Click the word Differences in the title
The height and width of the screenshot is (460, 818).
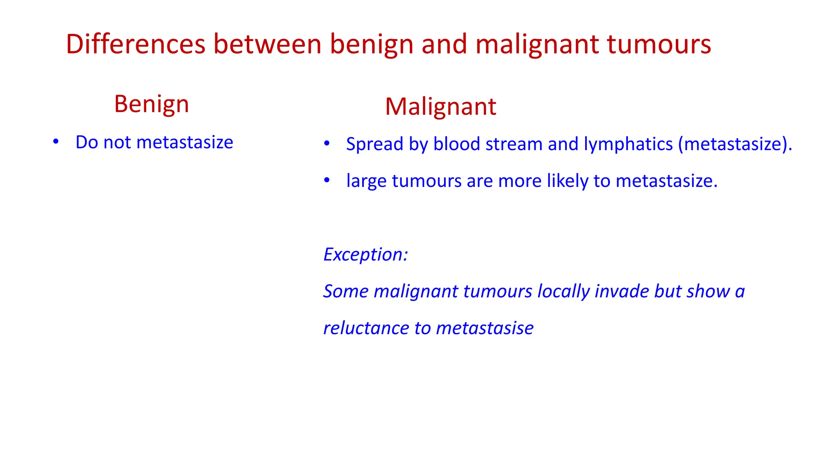pyautogui.click(x=135, y=44)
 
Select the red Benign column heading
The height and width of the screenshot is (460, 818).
pyautogui.click(x=151, y=105)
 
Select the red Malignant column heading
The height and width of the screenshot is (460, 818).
pyautogui.click(x=441, y=107)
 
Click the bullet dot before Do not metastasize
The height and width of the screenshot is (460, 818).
pyautogui.click(x=56, y=142)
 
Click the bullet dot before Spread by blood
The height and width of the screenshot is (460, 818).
pyautogui.click(x=327, y=143)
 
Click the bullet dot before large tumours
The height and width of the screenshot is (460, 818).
pyautogui.click(x=327, y=180)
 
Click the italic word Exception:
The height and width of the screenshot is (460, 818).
pyautogui.click(x=365, y=255)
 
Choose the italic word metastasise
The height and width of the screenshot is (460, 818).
pyautogui.click(x=484, y=329)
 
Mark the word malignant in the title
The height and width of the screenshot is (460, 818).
pyautogui.click(x=538, y=44)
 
